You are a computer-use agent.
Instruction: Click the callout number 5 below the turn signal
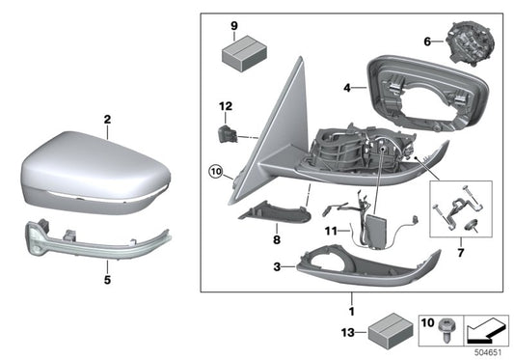click(108, 281)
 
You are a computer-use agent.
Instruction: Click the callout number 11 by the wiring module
click(332, 233)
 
